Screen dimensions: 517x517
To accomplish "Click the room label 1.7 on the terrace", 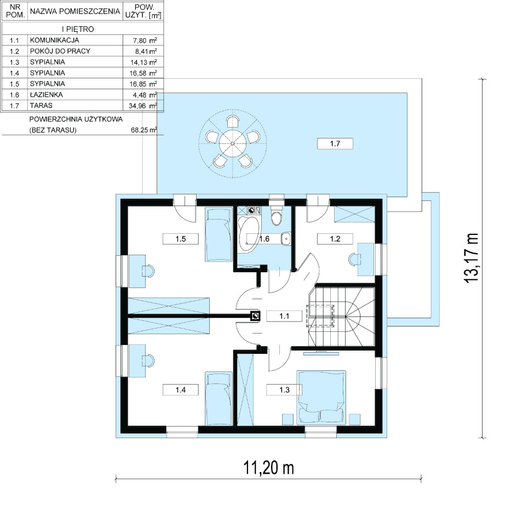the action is click(335, 143).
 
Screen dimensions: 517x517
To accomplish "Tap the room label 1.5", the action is click(181, 239).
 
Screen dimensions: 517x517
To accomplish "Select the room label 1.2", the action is click(335, 239).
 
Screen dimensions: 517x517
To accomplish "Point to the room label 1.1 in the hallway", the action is click(284, 316).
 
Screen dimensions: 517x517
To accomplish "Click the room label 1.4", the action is click(181, 390).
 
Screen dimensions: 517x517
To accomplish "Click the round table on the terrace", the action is click(232, 143).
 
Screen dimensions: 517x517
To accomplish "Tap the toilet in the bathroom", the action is click(277, 216).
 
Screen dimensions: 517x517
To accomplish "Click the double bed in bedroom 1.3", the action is click(321, 398).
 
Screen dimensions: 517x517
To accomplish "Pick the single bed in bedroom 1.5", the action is click(219, 234).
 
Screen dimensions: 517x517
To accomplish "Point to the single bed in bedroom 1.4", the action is click(219, 398).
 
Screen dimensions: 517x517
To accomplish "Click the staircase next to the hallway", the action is click(341, 317).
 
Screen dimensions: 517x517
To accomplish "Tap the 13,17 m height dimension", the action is click(472, 258).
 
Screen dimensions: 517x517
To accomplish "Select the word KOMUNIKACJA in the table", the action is click(54, 40).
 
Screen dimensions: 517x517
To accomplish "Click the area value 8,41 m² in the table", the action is click(146, 51).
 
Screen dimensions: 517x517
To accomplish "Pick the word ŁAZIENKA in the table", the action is click(46, 95).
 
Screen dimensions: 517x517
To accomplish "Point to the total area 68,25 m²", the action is click(143, 130).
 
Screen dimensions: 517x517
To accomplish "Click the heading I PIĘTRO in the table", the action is click(78, 29).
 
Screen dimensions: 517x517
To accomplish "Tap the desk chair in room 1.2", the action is click(354, 259).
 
